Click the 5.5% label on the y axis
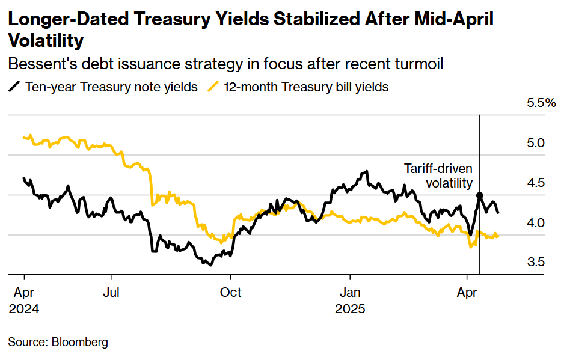[541, 103]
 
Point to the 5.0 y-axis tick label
[535, 144]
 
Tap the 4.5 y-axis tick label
[535, 183]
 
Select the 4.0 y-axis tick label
[535, 222]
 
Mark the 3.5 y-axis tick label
[535, 262]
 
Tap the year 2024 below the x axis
[24, 309]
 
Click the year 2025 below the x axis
[350, 309]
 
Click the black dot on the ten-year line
[480, 195]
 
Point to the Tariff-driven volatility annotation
[438, 176]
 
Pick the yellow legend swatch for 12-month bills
[213, 87]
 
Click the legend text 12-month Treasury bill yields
[306, 87]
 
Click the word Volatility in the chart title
[46, 41]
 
